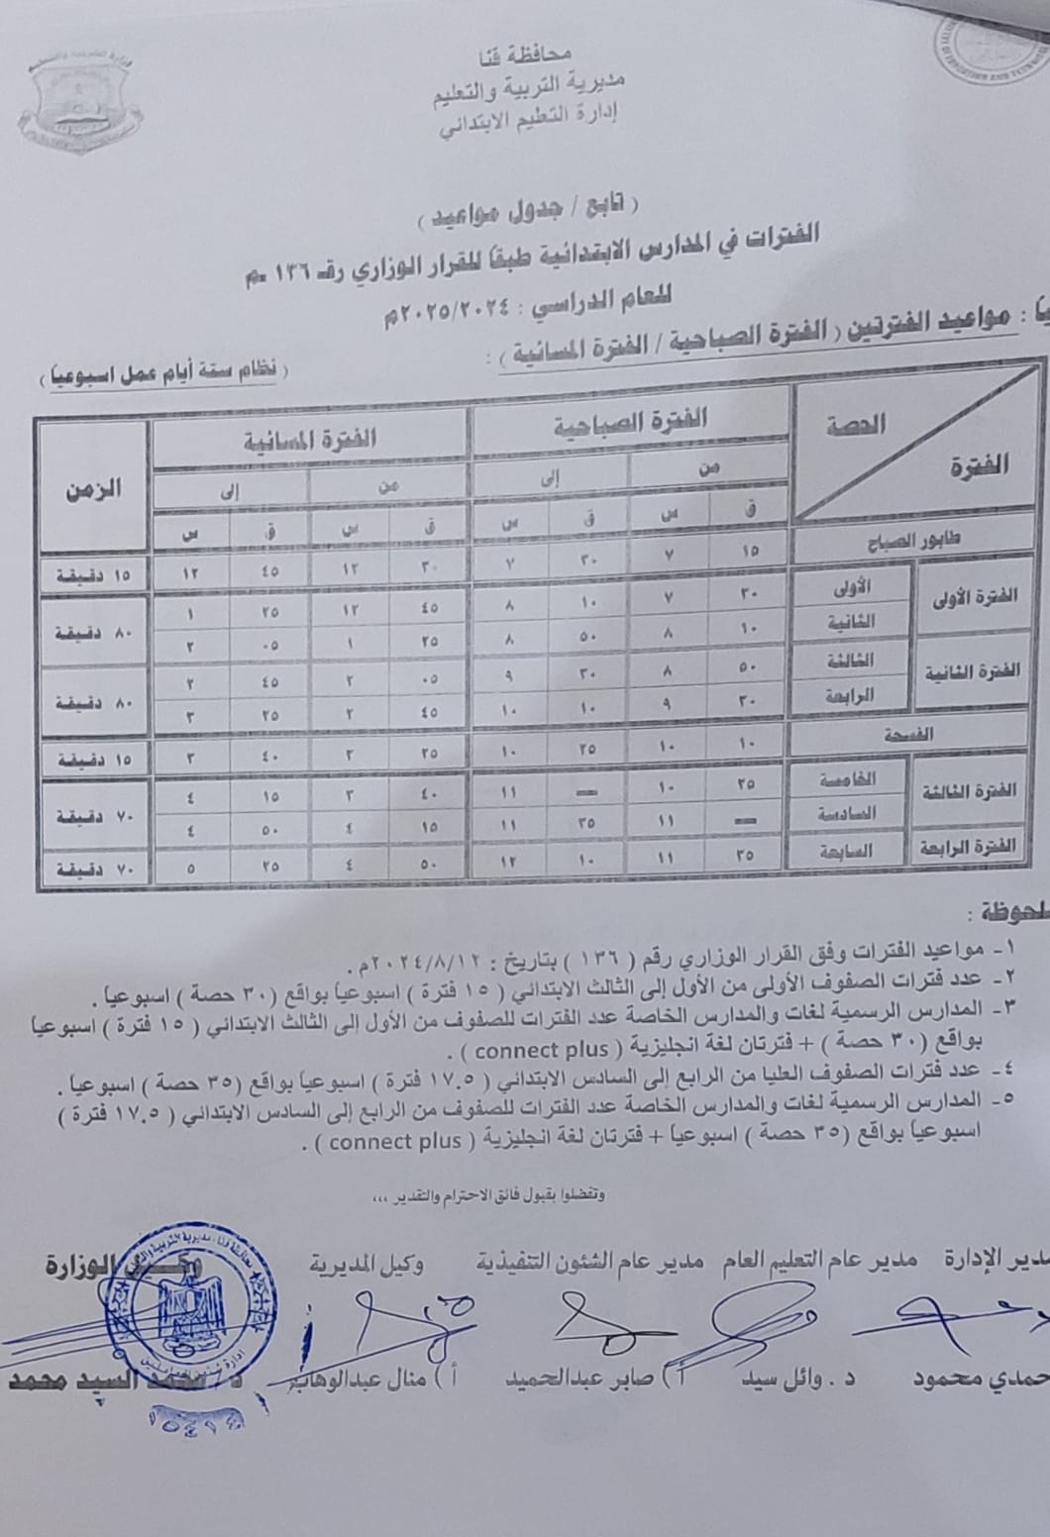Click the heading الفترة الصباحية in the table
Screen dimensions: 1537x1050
(630, 422)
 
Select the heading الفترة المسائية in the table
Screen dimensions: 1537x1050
(311, 439)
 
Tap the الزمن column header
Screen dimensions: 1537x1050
(93, 488)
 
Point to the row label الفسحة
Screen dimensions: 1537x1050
(913, 734)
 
